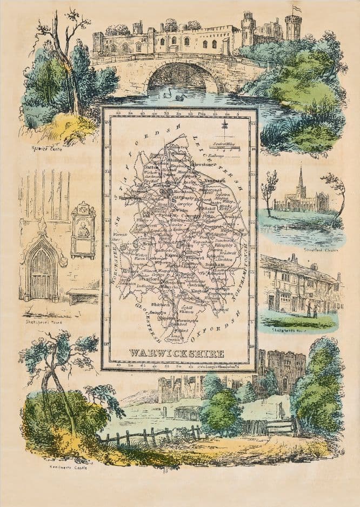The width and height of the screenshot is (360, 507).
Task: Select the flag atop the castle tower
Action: (297, 9)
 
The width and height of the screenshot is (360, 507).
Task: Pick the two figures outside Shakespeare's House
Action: (312, 310)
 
